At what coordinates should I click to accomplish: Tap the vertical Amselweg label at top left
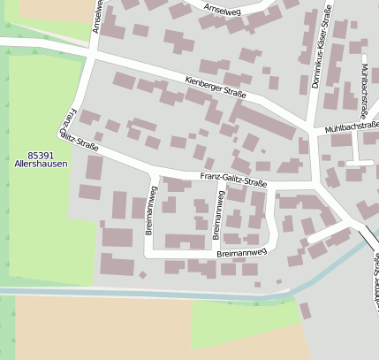click(x=97, y=17)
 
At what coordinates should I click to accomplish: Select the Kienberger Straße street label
click(x=216, y=87)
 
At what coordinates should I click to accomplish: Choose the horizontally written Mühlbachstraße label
click(x=351, y=127)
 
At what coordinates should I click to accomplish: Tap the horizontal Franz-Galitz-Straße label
click(x=233, y=180)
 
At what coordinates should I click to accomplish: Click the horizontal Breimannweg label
click(x=241, y=253)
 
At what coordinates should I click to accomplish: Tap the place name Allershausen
click(x=41, y=164)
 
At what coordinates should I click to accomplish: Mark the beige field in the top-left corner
click(x=53, y=9)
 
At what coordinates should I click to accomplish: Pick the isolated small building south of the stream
click(x=305, y=310)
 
